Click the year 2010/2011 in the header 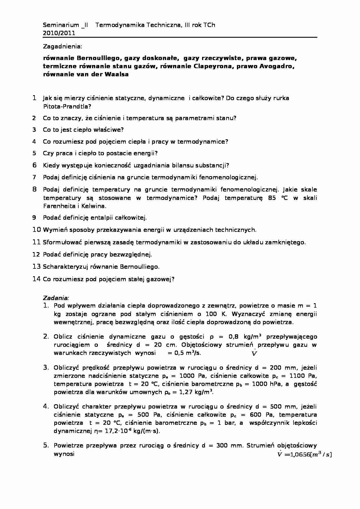[x=59, y=33]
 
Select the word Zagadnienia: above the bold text [x=62, y=46]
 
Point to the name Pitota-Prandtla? [x=67, y=106]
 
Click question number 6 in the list [x=35, y=165]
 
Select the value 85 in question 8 [x=272, y=198]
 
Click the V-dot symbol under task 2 [x=254, y=353]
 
